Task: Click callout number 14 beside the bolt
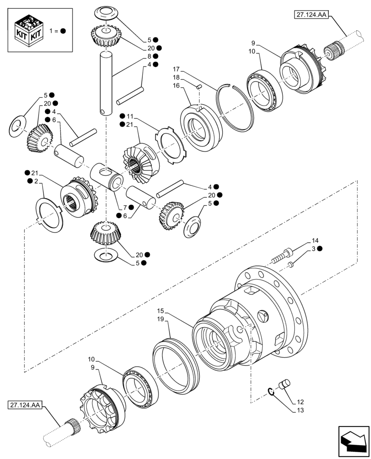click(315, 241)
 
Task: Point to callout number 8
click(149, 56)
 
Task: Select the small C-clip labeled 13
click(271, 391)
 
